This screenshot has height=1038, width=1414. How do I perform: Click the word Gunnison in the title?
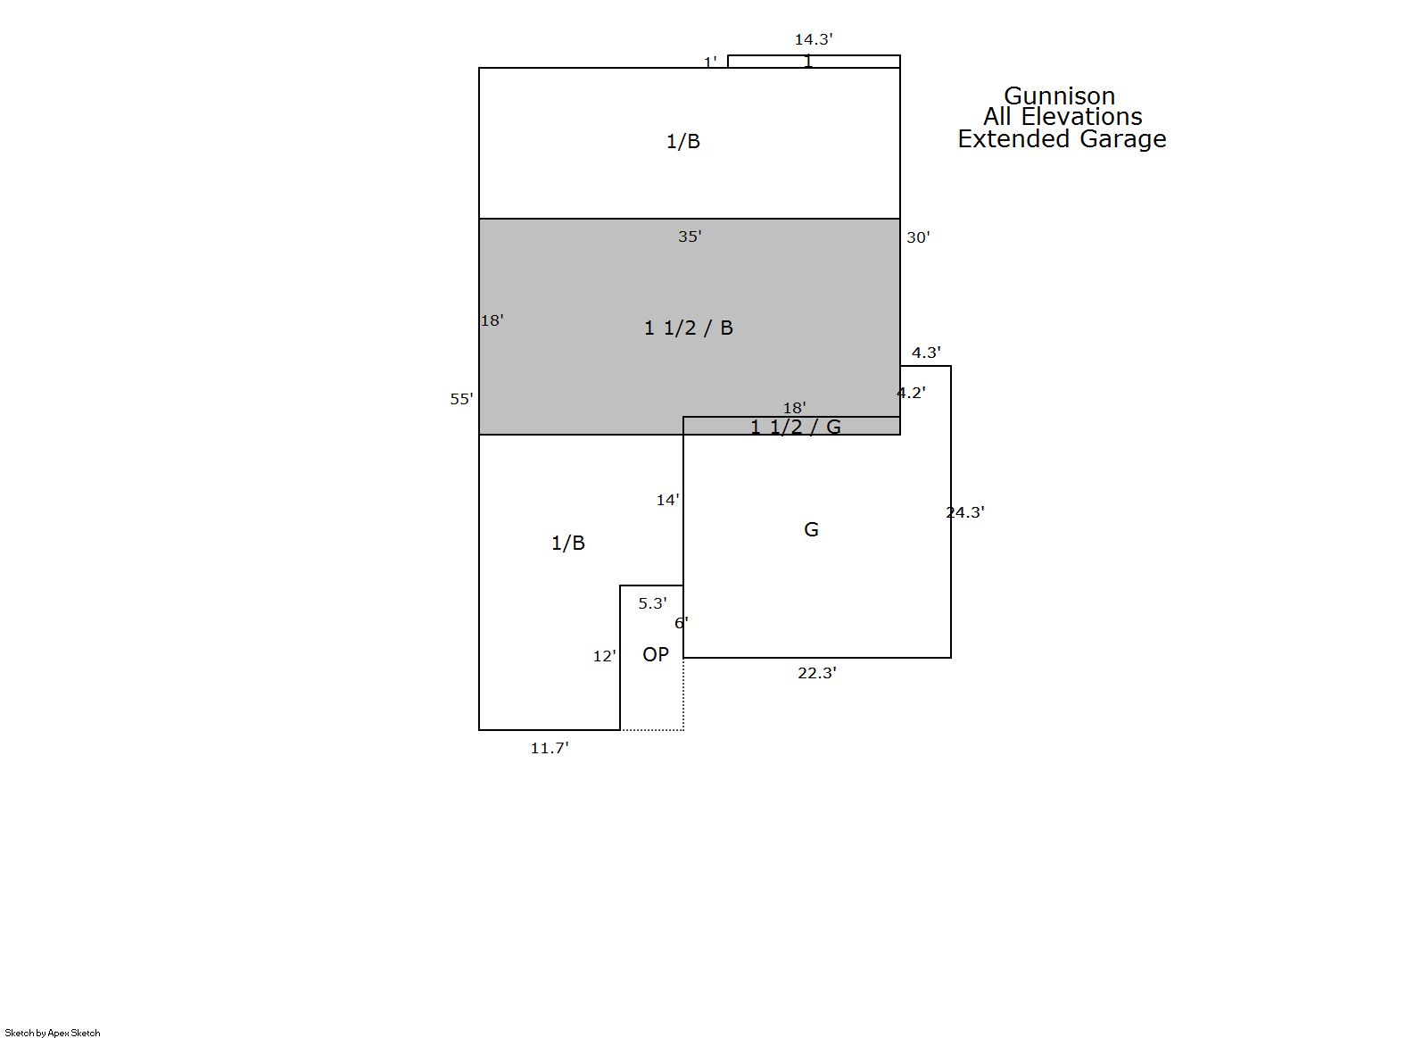pyautogui.click(x=1059, y=96)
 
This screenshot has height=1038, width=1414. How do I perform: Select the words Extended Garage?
pyautogui.click(x=1062, y=139)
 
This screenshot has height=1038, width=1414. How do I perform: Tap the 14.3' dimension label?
pyautogui.click(x=813, y=39)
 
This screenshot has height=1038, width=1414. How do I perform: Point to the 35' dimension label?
pyautogui.click(x=690, y=237)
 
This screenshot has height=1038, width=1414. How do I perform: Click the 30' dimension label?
pyautogui.click(x=918, y=237)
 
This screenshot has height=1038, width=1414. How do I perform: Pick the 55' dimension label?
pyautogui.click(x=461, y=399)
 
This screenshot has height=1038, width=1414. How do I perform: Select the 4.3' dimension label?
pyautogui.click(x=926, y=353)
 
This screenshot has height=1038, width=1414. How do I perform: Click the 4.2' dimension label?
pyautogui.click(x=912, y=393)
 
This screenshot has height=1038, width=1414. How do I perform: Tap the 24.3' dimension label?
pyautogui.click(x=965, y=512)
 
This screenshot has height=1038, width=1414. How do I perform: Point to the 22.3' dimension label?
pyautogui.click(x=817, y=673)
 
